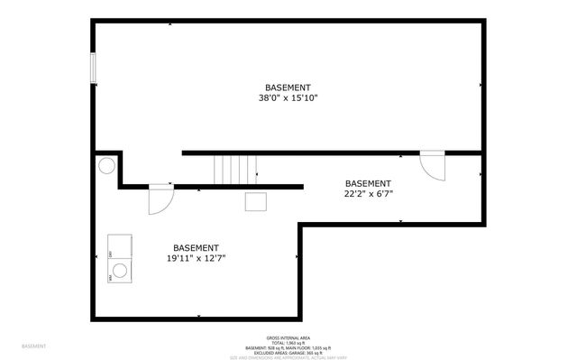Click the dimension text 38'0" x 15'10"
tap(288, 98)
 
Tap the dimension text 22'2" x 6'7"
tap(368, 193)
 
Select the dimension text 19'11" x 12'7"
tap(196, 258)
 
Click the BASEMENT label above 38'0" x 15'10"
tap(288, 88)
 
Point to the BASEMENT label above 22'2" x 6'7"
tap(368, 182)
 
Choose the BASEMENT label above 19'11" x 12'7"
tap(196, 247)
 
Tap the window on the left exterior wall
tap(93, 69)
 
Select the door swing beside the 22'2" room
tap(433, 166)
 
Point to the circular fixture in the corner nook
tap(106, 166)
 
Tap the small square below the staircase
tap(255, 201)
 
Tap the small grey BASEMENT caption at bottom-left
tap(34, 346)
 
